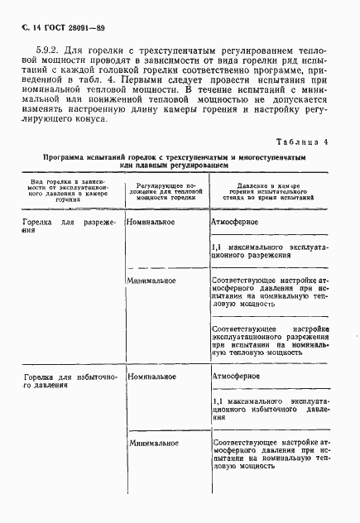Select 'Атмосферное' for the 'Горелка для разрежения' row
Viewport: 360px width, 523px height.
coord(236,223)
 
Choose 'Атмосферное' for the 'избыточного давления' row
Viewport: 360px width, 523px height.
coord(238,376)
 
